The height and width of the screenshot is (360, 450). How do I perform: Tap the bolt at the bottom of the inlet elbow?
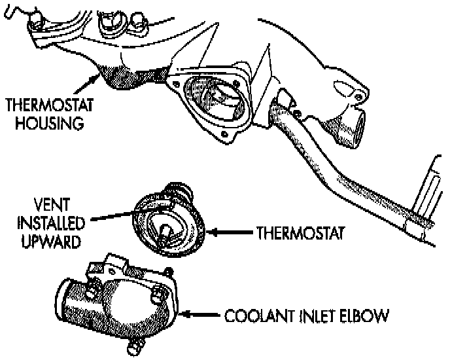(135, 341)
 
